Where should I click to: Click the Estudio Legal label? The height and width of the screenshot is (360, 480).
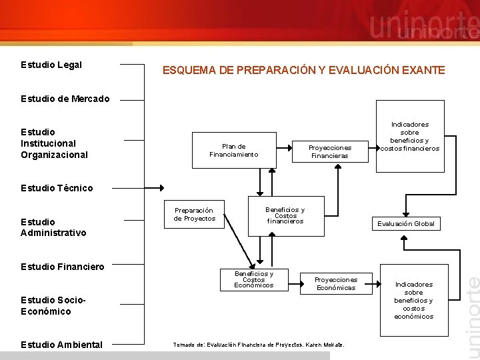point(51,65)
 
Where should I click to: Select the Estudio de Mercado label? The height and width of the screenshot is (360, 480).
point(65,99)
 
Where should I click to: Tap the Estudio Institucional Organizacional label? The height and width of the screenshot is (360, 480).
point(54,143)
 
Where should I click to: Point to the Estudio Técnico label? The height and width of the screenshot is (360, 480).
point(57,188)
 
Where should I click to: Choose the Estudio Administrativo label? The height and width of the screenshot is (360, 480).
point(53,227)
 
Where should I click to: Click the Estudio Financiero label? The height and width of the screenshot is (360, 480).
point(63,267)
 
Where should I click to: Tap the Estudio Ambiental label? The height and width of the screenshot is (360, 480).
point(61,345)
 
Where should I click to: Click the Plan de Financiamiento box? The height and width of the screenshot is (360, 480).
point(233,151)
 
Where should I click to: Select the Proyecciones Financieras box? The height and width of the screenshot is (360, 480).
point(329,151)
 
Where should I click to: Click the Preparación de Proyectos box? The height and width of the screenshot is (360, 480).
point(195,214)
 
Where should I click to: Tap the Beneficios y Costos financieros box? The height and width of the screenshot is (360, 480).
point(285,215)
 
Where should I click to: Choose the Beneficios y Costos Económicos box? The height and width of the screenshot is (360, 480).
point(253,279)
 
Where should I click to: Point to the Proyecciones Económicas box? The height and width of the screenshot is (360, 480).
point(336,284)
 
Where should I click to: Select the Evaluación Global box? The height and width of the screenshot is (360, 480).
point(405,224)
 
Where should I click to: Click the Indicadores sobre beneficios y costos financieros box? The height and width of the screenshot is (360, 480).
point(409,136)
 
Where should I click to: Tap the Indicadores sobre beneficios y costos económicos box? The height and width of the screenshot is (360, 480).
point(413,300)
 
